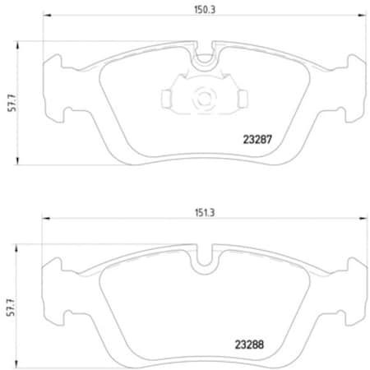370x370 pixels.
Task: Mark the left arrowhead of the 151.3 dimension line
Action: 44,220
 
